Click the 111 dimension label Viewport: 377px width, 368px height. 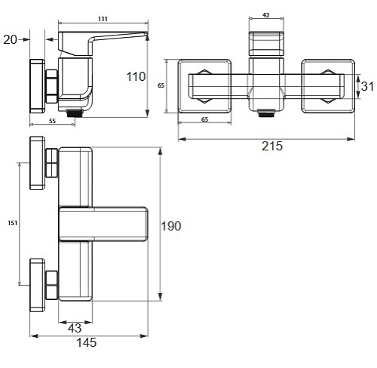click(103, 19)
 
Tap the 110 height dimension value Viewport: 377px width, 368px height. click(136, 76)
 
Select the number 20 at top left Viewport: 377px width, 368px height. click(11, 39)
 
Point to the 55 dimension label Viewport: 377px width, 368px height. click(52, 121)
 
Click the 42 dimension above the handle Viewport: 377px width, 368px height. click(266, 15)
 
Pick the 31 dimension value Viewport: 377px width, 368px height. click(367, 86)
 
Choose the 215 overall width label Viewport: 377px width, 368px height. click(272, 146)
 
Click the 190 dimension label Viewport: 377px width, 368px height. click(171, 226)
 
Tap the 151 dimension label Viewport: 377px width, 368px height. click(13, 223)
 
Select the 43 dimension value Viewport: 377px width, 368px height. click(75, 328)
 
